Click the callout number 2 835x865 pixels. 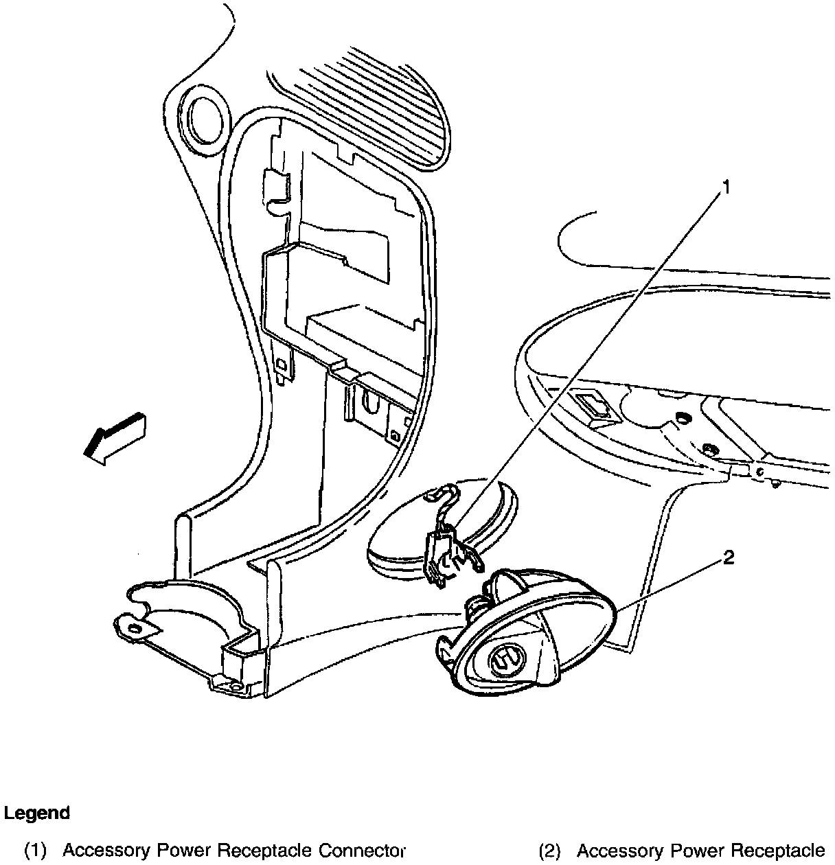[x=728, y=557]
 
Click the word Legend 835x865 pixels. [x=37, y=814]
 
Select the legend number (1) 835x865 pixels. [x=35, y=851]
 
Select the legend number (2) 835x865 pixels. [x=549, y=851]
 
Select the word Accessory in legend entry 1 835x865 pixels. [x=106, y=851]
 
